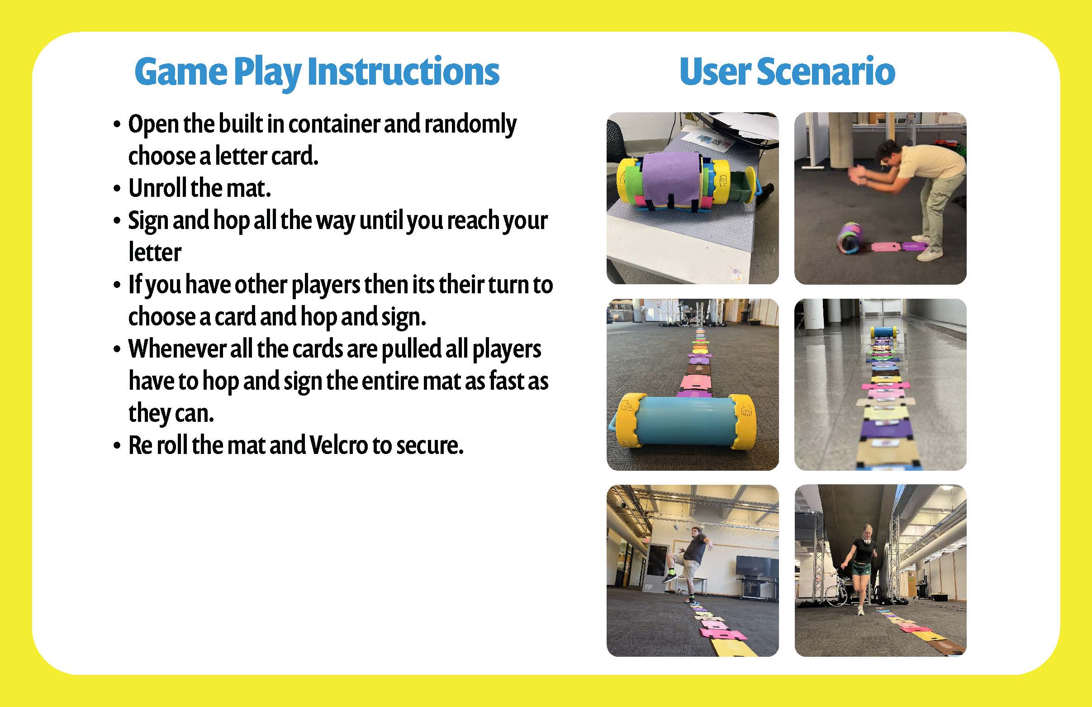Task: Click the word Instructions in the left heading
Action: click(x=403, y=72)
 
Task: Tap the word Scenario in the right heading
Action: click(x=826, y=72)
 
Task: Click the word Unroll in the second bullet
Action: click(x=157, y=188)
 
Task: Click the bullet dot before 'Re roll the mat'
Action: click(x=118, y=446)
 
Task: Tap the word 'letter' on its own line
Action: click(x=155, y=252)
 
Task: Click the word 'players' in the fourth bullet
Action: click(x=326, y=285)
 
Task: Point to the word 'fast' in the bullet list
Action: click(x=505, y=381)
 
